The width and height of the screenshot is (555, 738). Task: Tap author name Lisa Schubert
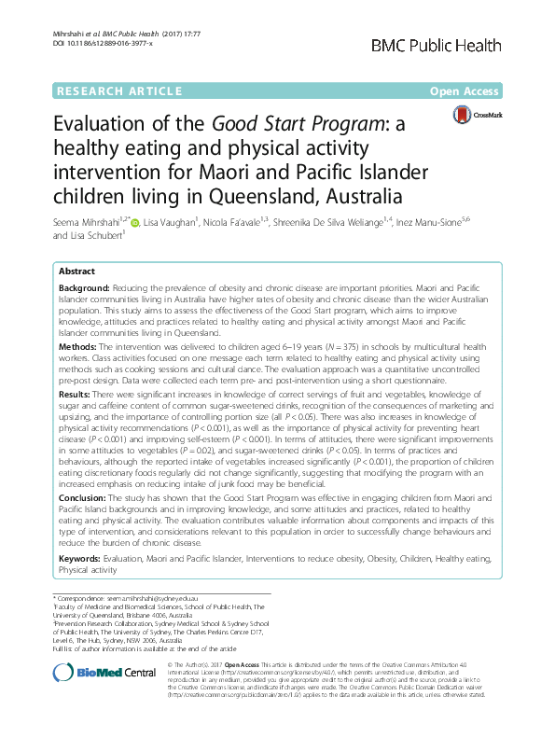pos(104,237)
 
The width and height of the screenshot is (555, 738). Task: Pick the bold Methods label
pos(78,346)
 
